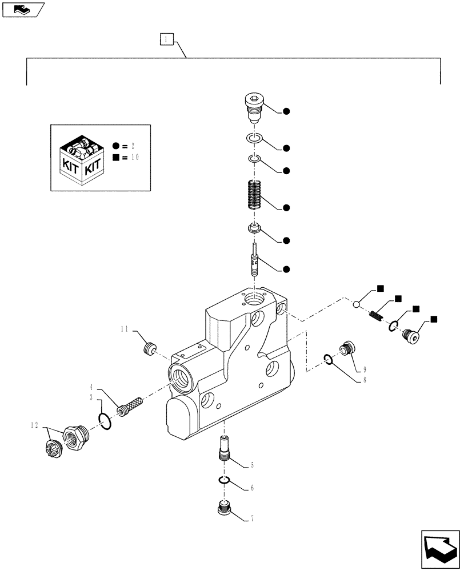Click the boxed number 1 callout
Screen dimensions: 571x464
coord(165,39)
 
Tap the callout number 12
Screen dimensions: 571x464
coord(35,425)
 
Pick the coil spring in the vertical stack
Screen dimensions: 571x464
coord(255,195)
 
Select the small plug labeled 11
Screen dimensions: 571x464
coord(150,348)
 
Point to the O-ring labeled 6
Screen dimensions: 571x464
coord(225,480)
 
